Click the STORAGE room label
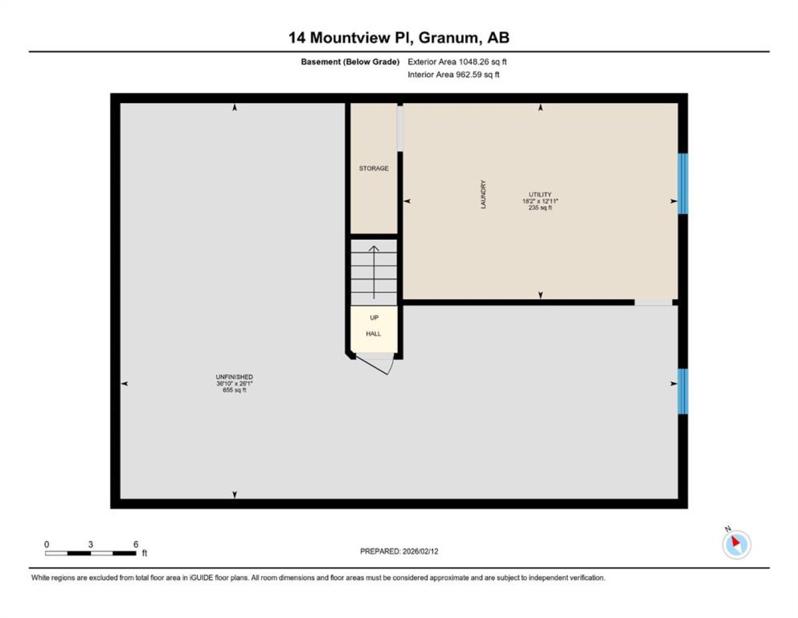(373, 168)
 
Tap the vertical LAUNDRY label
(483, 195)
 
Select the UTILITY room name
(540, 195)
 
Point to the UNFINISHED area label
(234, 377)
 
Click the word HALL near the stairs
(373, 334)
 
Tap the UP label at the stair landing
(374, 318)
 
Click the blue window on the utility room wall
(683, 184)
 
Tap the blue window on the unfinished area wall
(683, 391)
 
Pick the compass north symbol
(736, 545)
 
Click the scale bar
(90, 553)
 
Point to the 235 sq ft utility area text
(540, 208)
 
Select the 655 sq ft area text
(234, 390)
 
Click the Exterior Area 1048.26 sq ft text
(457, 62)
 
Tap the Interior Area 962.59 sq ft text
(453, 74)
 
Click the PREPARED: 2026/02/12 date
(399, 552)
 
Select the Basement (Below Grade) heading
(350, 62)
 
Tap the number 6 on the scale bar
(135, 545)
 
